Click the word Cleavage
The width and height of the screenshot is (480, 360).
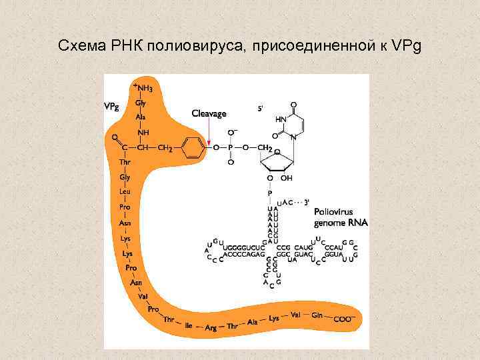tap(209, 113)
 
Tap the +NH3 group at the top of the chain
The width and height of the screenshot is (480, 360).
tap(143, 87)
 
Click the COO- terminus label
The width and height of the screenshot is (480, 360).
tap(343, 319)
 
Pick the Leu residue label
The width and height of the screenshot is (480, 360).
tap(125, 191)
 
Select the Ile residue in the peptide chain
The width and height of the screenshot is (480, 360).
tap(189, 326)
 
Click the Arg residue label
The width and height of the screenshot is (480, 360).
tap(211, 328)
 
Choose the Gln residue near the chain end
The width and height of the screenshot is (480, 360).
tap(317, 315)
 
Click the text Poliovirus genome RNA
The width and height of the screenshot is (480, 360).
tap(340, 217)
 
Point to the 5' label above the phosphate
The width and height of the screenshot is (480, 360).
tap(261, 107)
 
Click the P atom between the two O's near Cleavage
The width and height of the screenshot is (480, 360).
tap(231, 147)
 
